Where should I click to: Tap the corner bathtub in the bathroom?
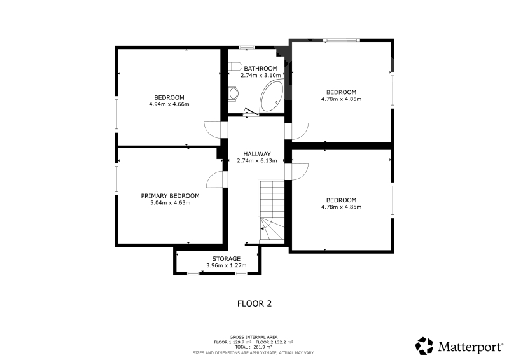272,97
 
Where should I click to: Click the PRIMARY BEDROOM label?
170,196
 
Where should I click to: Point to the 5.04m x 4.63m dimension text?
170,203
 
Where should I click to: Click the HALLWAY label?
257,154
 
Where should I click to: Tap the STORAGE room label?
227,259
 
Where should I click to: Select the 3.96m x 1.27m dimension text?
227,265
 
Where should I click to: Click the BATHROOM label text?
261,69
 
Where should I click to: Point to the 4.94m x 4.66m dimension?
169,104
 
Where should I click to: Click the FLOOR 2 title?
254,304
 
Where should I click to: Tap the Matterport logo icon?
424,346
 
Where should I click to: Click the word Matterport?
470,347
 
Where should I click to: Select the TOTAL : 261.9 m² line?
253,347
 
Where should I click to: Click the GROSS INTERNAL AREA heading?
253,337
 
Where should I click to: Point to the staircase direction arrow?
263,229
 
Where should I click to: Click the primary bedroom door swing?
214,179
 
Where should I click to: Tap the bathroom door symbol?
251,112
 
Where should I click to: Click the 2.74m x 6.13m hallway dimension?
257,161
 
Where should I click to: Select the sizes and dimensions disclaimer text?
253,353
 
